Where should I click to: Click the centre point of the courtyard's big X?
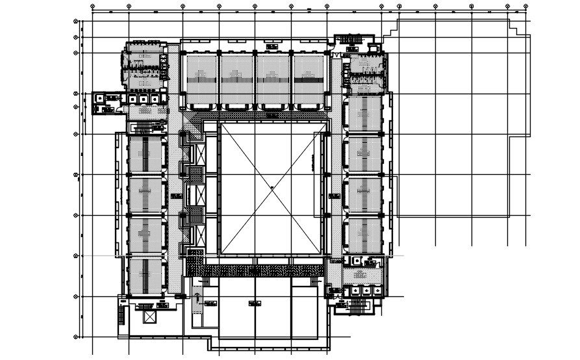coord(271,188)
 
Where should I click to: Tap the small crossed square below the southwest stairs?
coord(151,316)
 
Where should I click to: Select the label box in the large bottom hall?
coord(255,303)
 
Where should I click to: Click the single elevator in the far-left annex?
coord(99,98)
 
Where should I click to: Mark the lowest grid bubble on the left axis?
coord(77,337)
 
